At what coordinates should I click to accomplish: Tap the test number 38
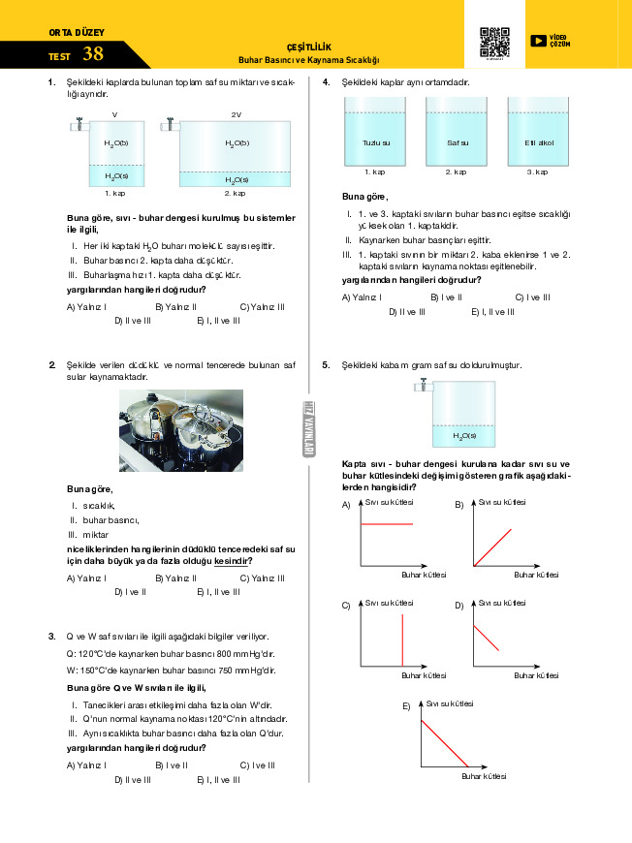click(x=93, y=53)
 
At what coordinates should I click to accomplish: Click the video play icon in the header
click(x=538, y=41)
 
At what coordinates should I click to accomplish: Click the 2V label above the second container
click(x=236, y=114)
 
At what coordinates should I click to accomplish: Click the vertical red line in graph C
click(x=402, y=640)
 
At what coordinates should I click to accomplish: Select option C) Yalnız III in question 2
click(x=262, y=578)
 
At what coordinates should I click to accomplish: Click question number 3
click(x=51, y=636)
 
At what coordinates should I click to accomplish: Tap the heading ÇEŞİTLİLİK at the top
click(x=308, y=46)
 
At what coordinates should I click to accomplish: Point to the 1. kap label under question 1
click(x=115, y=193)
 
